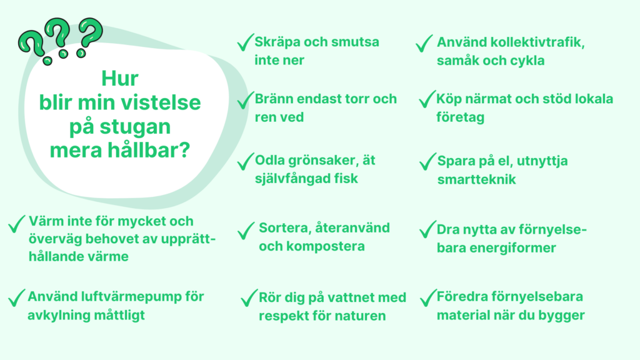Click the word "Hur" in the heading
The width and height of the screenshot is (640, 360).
pyautogui.click(x=120, y=78)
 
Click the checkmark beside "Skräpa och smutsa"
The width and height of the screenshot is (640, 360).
pyautogui.click(x=245, y=42)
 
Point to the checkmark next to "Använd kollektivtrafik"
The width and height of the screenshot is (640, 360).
pyautogui.click(x=424, y=43)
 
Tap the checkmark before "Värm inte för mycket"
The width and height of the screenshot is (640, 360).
pyautogui.click(x=17, y=224)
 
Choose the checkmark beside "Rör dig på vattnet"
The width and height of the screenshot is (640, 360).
pyautogui.click(x=249, y=298)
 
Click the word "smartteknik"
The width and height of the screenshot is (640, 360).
pyautogui.click(x=477, y=179)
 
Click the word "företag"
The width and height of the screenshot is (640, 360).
pyautogui.click(x=461, y=117)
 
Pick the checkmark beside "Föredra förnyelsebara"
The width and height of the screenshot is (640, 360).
pyautogui.click(x=428, y=298)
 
